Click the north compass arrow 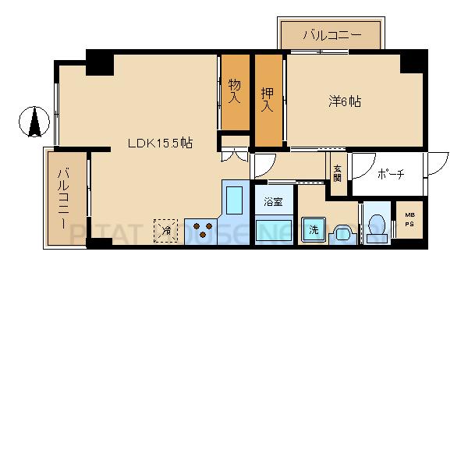coord(34,122)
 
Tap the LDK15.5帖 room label coord(161,144)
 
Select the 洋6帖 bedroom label coord(343,101)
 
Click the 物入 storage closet coord(235,92)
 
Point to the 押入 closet coord(268,101)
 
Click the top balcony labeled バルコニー coord(331,35)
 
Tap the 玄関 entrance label coord(337,173)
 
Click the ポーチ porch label coord(390,174)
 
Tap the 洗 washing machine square coord(314,230)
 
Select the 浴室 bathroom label coord(272,202)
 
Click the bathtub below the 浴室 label coord(273,231)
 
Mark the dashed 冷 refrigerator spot coord(165,230)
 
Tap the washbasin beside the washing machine coord(342,234)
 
